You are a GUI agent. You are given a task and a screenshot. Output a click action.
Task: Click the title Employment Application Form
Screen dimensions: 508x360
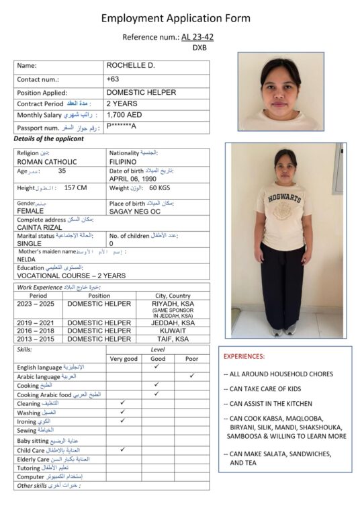pyautogui.click(x=175, y=18)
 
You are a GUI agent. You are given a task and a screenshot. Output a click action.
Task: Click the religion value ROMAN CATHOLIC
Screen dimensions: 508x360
pyautogui.click(x=46, y=162)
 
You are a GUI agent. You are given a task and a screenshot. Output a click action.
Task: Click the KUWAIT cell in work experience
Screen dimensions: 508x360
pyautogui.click(x=171, y=331)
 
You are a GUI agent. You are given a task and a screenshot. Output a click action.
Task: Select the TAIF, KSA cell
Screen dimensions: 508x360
pyautogui.click(x=171, y=339)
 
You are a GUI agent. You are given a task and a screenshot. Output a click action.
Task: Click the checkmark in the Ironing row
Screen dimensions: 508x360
pyautogui.click(x=123, y=421)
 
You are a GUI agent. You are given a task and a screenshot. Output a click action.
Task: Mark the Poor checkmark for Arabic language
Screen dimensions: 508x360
pyautogui.click(x=191, y=376)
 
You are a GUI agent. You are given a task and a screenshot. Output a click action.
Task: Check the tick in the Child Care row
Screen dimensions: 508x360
pyautogui.click(x=123, y=448)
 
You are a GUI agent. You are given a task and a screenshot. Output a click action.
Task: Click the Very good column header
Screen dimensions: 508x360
pyautogui.click(x=123, y=359)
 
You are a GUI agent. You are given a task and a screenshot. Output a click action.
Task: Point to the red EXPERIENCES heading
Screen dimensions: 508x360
pyautogui.click(x=244, y=356)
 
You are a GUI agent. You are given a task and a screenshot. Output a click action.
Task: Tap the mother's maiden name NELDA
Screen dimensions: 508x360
pyautogui.click(x=26, y=258)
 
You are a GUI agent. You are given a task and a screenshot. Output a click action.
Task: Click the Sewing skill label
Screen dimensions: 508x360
pyautogui.click(x=27, y=430)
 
